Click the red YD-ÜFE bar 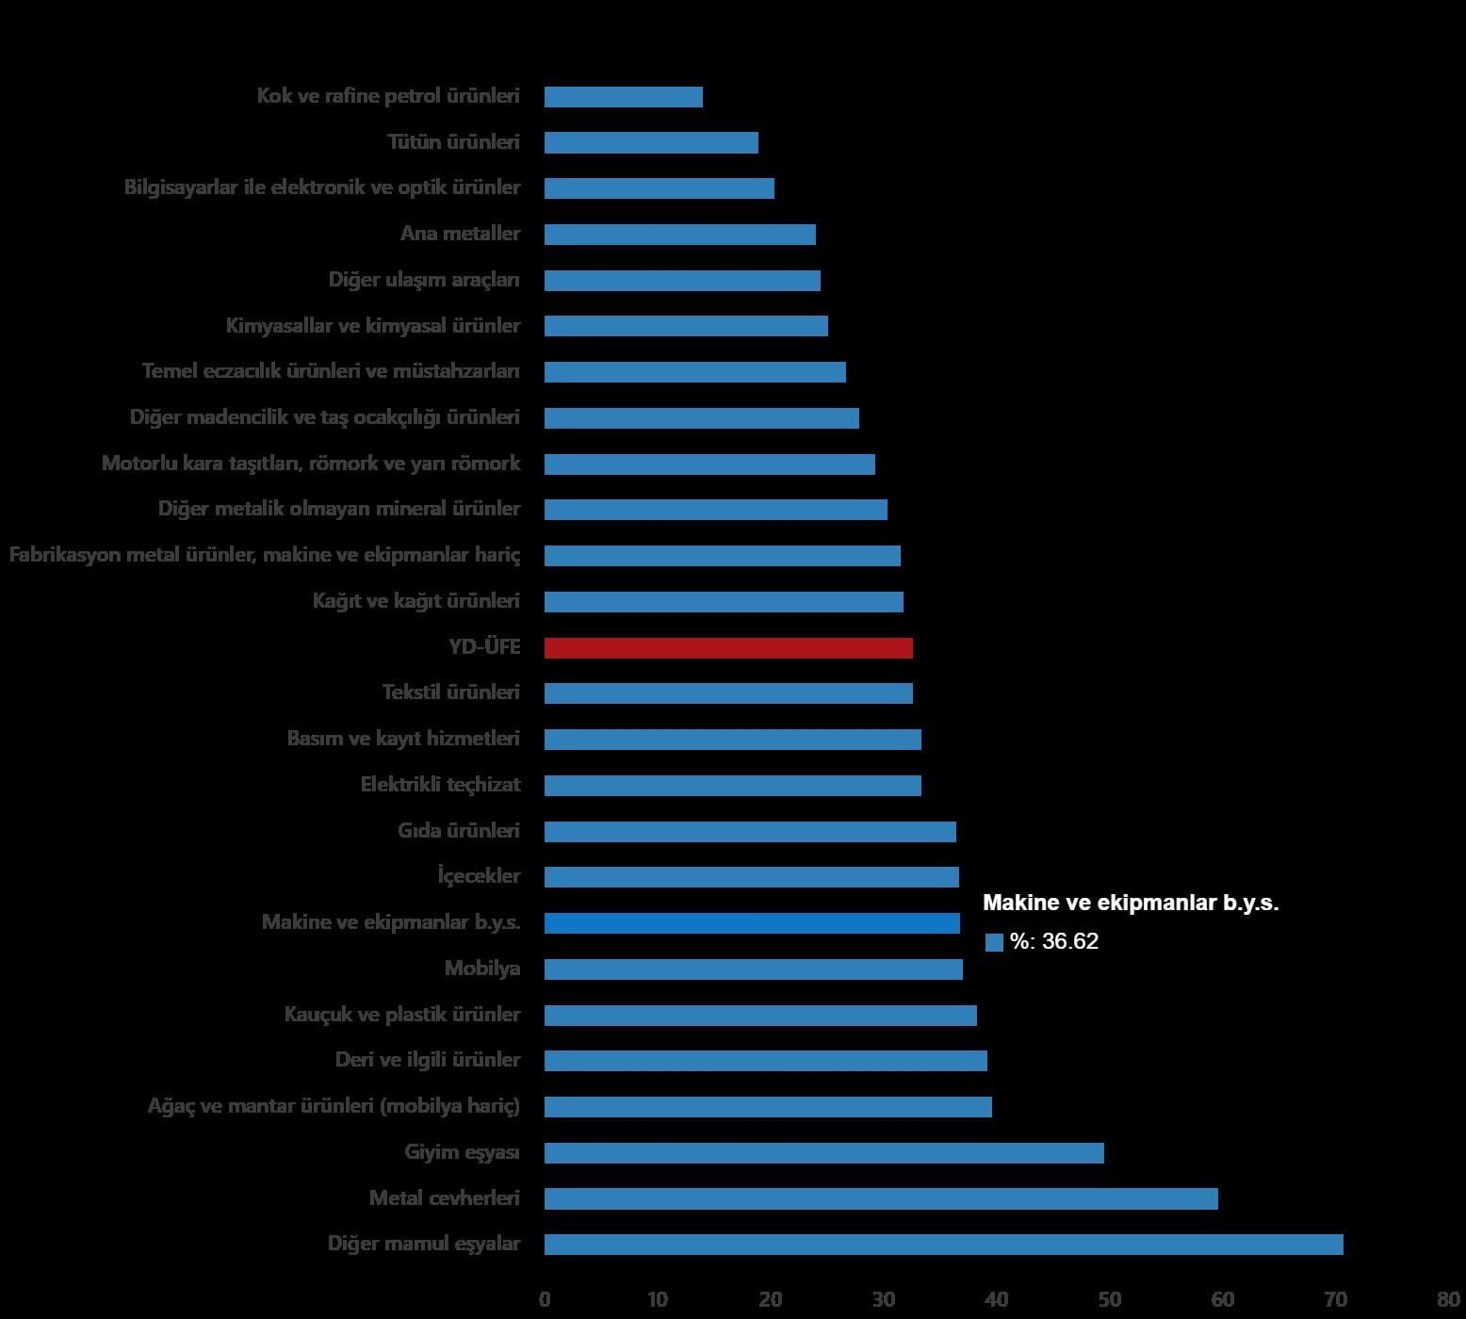point(728,648)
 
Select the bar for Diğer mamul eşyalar point(943,1245)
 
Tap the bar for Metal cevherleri point(881,1198)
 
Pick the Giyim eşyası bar point(823,1153)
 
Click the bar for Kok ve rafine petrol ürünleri point(624,97)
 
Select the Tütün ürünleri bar point(651,143)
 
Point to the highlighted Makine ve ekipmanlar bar point(752,923)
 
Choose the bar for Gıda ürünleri point(750,832)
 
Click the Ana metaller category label point(460,234)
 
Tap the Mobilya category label point(481,969)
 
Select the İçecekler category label point(479,876)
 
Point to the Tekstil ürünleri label point(450,692)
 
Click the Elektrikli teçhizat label point(440,785)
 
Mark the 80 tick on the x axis point(1448,1301)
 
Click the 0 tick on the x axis point(545,1301)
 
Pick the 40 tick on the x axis point(996,1301)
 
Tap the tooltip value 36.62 point(1070,942)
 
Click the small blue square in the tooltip point(994,943)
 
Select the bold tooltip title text point(1131,903)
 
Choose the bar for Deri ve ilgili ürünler point(765,1061)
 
